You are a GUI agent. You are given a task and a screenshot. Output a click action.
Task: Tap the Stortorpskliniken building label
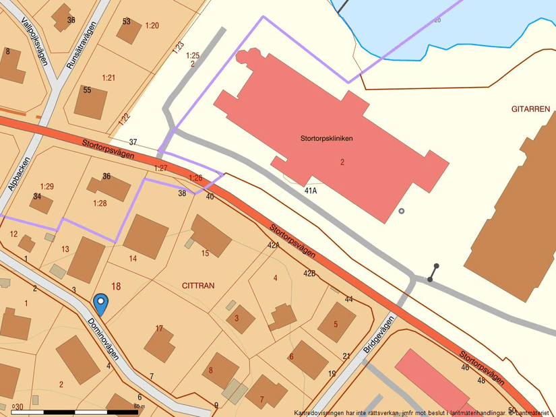click(327, 138)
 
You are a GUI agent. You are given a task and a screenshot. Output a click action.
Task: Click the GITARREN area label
click(531, 108)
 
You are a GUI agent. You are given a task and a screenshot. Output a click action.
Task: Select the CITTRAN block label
click(198, 286)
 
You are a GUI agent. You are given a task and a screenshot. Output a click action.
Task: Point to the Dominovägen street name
click(104, 337)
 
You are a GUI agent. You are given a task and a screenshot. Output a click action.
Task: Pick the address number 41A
click(310, 191)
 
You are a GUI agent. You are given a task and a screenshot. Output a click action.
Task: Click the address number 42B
click(309, 274)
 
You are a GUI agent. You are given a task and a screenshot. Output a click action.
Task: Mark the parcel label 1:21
click(109, 77)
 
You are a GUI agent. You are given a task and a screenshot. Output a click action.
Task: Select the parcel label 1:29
click(47, 185)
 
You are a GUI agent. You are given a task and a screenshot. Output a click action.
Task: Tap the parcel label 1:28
click(100, 203)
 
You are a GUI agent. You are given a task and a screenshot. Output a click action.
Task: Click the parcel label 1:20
click(152, 26)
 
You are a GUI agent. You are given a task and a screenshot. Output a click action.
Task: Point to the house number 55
click(87, 90)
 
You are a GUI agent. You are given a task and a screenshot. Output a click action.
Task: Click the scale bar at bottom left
click(74, 412)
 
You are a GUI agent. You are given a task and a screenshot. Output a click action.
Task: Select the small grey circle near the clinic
click(402, 211)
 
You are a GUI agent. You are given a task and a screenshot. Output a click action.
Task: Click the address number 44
click(348, 298)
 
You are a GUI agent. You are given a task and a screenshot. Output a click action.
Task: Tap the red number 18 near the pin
click(116, 286)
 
